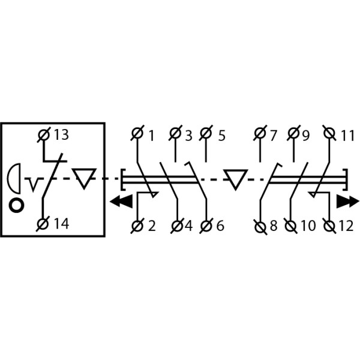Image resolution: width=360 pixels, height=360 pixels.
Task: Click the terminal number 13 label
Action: (x=61, y=134)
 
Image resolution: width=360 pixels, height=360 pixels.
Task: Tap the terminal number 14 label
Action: (x=61, y=224)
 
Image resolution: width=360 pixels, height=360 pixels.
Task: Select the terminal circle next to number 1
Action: (x=137, y=133)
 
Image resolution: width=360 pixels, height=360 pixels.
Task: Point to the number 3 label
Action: (x=188, y=136)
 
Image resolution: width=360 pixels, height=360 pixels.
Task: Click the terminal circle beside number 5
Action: (x=206, y=133)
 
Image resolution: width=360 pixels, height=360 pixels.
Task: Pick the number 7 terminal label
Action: (x=273, y=136)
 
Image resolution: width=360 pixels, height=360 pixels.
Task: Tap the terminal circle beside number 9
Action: (x=293, y=133)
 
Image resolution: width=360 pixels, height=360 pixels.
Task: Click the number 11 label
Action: (x=347, y=136)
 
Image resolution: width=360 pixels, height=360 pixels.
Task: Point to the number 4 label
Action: (x=188, y=226)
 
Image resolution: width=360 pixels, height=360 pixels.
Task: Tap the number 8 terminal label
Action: (x=273, y=226)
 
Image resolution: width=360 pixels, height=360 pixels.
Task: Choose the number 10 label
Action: (x=307, y=226)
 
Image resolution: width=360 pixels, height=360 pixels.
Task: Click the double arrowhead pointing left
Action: (x=122, y=201)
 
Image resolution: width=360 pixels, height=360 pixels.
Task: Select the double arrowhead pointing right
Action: (x=346, y=201)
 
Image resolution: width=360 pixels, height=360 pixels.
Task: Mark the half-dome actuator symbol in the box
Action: (x=15, y=178)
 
